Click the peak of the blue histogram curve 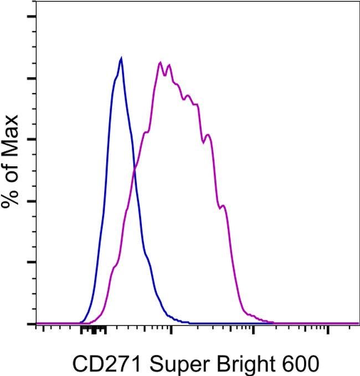[x=121, y=58]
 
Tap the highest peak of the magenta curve [x=160, y=62]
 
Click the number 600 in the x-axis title [x=302, y=364]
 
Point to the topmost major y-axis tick [x=32, y=16]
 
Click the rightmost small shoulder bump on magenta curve [x=223, y=206]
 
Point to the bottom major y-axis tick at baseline [x=32, y=323]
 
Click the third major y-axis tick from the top [x=32, y=139]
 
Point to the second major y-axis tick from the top [x=32, y=78]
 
